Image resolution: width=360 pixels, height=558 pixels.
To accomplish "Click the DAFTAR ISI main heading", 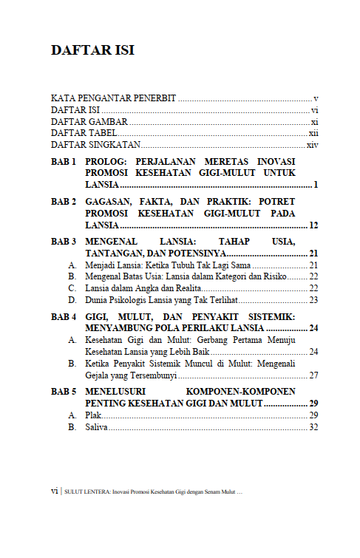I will point(92,51).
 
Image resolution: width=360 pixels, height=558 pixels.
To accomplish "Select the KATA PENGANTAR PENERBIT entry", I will point(113,98).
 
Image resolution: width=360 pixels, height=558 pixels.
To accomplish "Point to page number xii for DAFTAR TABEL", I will point(313,133).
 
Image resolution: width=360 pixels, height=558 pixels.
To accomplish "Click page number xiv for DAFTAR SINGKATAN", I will point(312,145).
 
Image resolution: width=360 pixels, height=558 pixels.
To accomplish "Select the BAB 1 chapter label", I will point(64,161).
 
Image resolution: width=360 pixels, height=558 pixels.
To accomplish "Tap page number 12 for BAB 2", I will point(313,225).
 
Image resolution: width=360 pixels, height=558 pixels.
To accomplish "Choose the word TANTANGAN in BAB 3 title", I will point(115,254).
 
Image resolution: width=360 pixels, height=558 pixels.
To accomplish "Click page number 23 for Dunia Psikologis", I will point(313,300).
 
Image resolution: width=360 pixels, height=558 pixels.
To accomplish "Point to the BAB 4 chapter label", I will point(64,316).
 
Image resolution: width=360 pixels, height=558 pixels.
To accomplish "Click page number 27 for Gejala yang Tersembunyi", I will point(313,375).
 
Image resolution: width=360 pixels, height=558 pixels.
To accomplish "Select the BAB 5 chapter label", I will point(64,392).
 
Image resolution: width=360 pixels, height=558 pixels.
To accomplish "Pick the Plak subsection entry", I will point(93,416).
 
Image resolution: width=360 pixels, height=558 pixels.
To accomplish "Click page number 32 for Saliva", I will point(313,428).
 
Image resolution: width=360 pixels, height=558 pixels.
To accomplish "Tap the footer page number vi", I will point(54,490).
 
